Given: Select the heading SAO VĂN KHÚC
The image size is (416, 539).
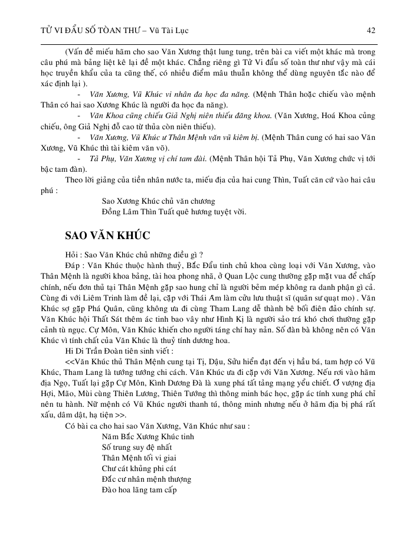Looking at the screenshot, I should (108, 236).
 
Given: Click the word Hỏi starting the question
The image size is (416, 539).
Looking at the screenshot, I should (72, 254).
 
